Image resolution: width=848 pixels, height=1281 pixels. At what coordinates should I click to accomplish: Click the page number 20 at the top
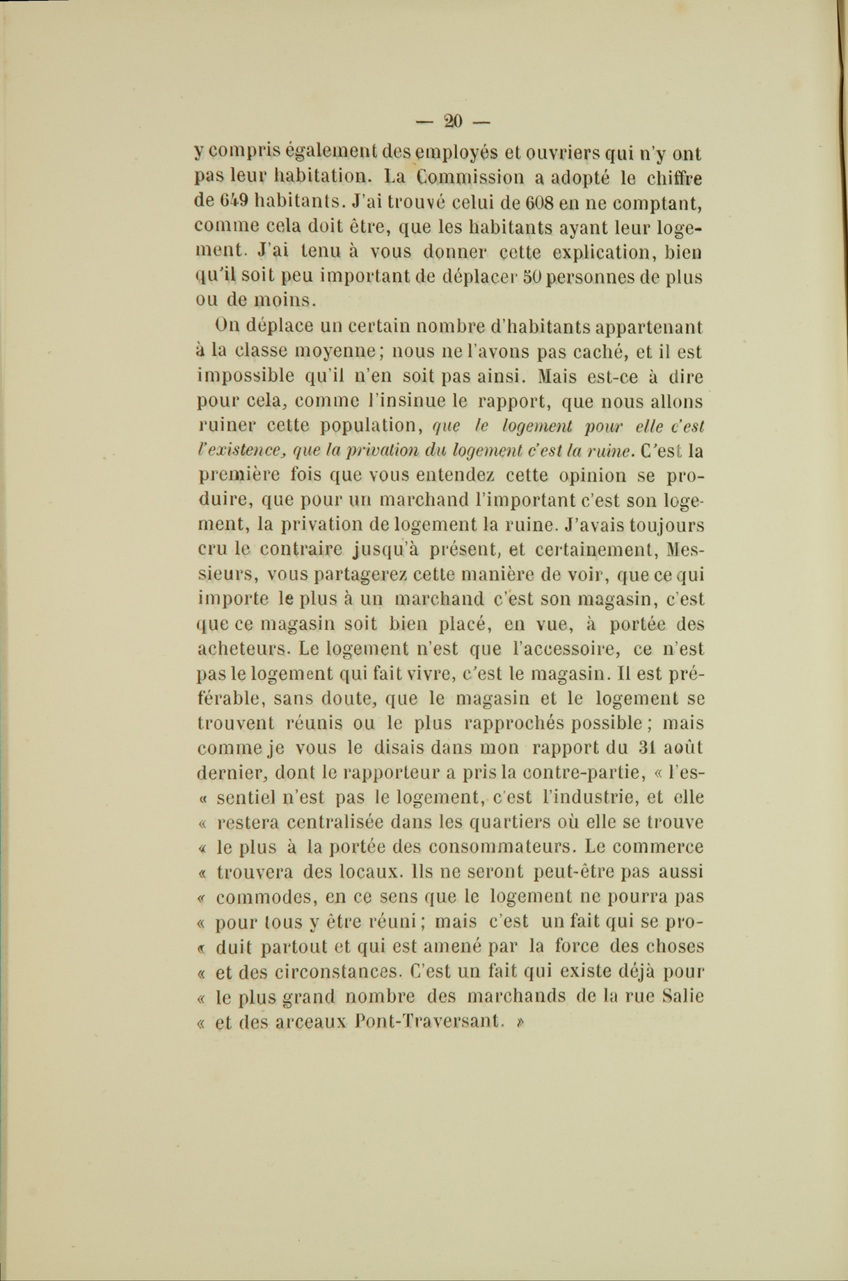coord(453,122)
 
